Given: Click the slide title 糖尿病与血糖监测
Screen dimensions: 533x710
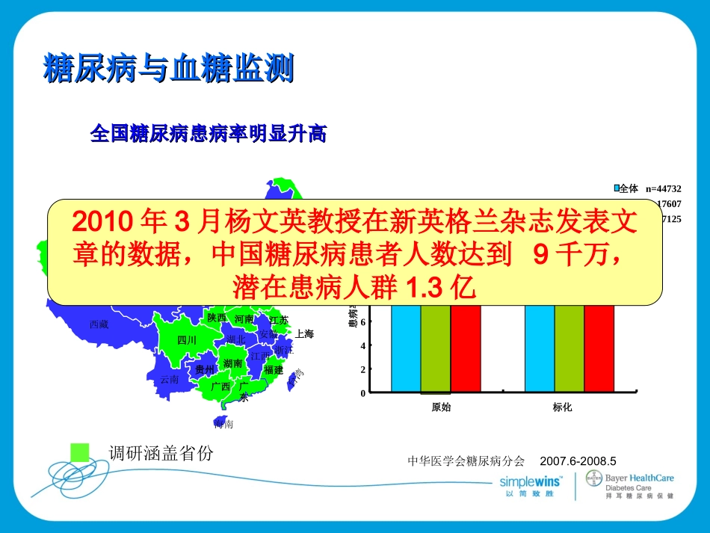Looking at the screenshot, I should point(168,69).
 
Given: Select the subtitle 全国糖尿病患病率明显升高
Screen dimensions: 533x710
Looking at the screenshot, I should point(208,134).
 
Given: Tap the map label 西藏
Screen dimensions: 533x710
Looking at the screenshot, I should point(99,324).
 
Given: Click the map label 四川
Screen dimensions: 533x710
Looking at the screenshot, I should point(186,341).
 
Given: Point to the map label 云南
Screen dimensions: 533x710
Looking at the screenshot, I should point(170,379).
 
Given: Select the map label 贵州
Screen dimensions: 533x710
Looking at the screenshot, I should point(204,369).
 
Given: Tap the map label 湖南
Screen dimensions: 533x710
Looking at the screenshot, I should point(232,363).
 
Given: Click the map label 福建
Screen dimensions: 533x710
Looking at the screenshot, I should point(274,369).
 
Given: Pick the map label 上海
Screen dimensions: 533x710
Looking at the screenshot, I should point(304,334).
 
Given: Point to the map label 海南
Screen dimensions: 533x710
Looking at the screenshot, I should point(223,424).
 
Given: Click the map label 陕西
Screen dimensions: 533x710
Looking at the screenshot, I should point(217,318).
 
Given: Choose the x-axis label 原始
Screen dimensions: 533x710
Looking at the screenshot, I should point(441,407).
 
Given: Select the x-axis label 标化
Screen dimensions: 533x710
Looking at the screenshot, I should point(562,407).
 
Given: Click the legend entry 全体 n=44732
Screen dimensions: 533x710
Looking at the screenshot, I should point(647,189).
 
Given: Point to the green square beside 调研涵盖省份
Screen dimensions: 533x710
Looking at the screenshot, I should point(79,452).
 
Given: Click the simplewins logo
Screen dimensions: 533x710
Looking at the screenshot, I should point(531,481).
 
